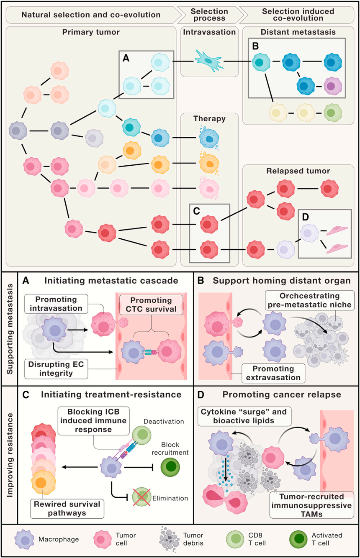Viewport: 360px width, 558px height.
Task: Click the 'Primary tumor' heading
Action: [90, 32]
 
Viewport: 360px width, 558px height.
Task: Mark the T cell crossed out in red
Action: [142, 498]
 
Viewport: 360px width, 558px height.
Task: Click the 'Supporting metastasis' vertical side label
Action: [9, 328]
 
